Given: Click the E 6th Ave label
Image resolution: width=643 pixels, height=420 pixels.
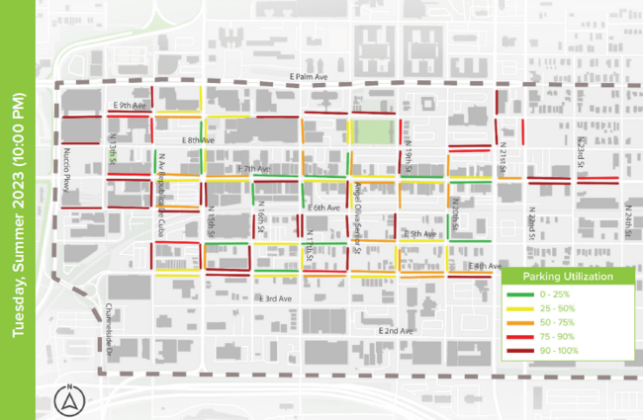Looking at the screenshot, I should [x=323, y=208].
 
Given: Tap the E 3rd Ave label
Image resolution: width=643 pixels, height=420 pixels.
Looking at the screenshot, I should [x=275, y=297].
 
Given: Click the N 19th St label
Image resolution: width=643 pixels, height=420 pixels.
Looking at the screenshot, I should [x=408, y=153].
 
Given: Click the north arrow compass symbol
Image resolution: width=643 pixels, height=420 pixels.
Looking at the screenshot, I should [x=70, y=398].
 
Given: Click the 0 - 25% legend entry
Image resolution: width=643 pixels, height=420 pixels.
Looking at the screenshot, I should [x=559, y=296].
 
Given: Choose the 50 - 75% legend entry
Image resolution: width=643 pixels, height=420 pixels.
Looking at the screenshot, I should [x=559, y=323].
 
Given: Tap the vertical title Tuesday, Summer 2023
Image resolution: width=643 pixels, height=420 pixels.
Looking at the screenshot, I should [x=17, y=210].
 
